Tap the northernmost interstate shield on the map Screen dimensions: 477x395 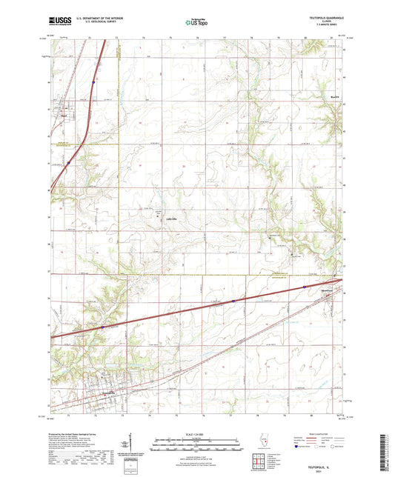[69, 162]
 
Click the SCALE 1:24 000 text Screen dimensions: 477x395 [197, 433]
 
